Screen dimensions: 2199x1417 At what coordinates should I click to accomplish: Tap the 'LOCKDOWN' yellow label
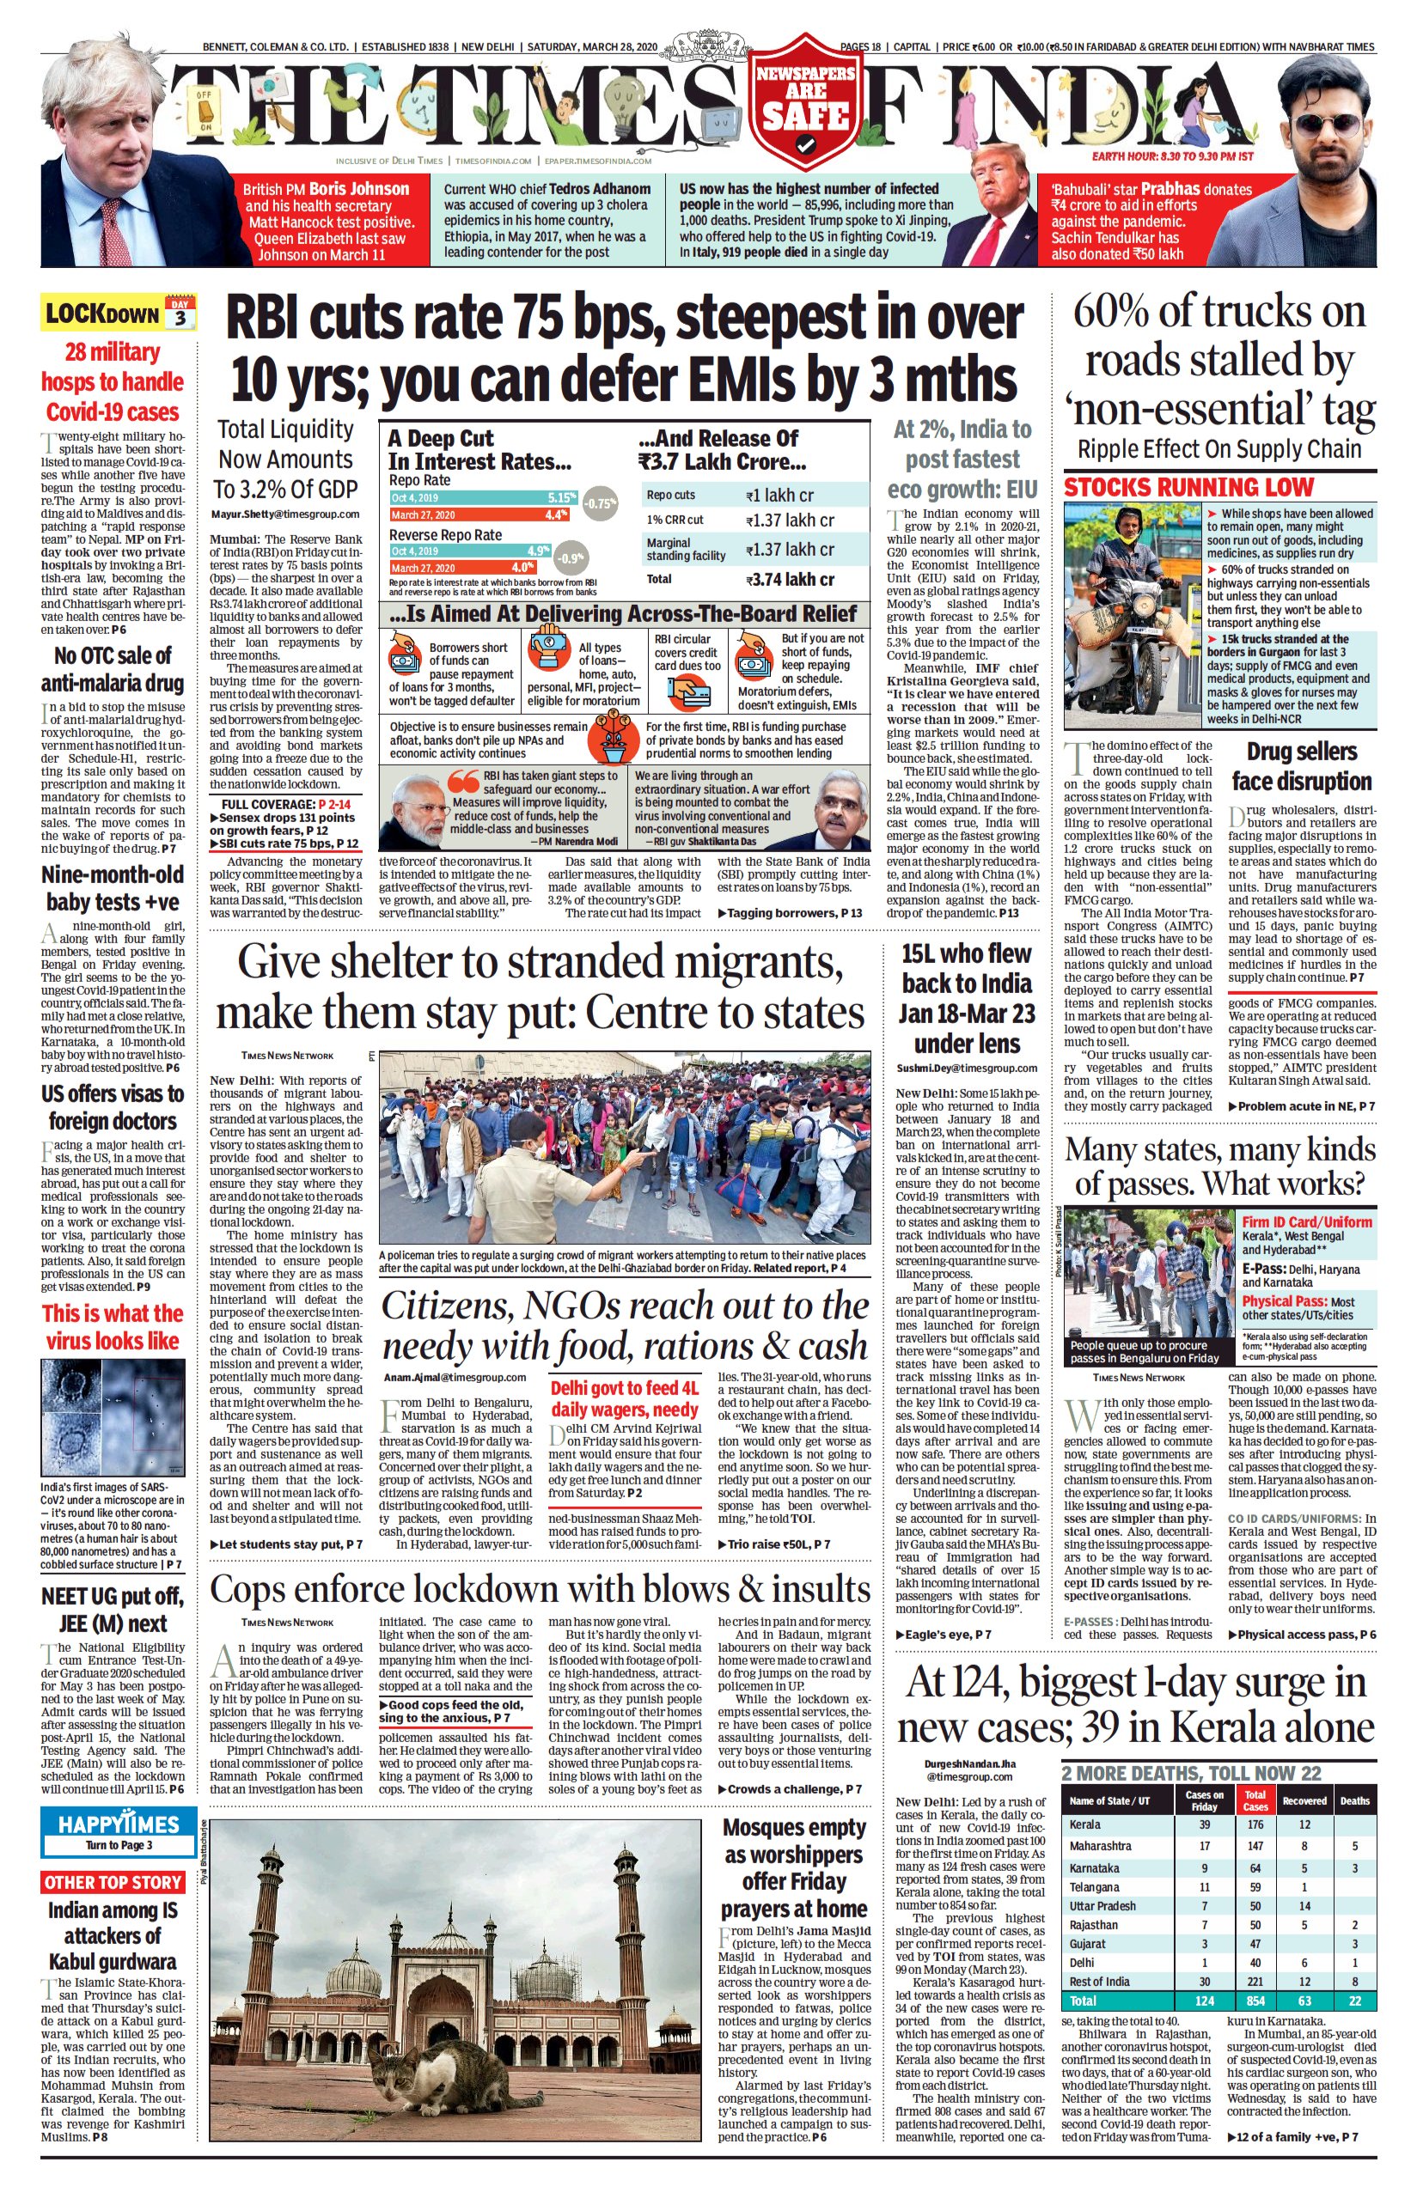click(101, 314)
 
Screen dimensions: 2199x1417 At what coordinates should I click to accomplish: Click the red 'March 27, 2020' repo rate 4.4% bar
click(479, 515)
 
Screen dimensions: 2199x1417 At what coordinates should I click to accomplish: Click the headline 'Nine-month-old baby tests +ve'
click(113, 888)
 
